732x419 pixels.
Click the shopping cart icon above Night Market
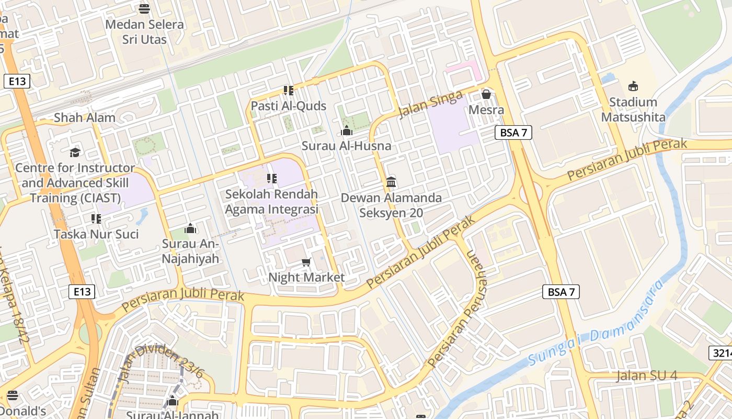click(x=306, y=262)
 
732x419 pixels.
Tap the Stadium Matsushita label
click(x=633, y=109)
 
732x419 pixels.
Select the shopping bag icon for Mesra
click(x=486, y=94)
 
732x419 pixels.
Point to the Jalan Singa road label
click(x=431, y=104)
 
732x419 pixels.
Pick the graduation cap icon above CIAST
click(x=75, y=152)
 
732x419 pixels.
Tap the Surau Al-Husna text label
click(x=346, y=146)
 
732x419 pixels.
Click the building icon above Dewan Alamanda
click(x=391, y=182)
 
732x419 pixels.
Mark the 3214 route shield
click(x=722, y=352)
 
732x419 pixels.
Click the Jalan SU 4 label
click(x=647, y=376)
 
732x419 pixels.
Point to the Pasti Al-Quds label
click(x=289, y=106)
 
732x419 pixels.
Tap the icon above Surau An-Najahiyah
click(x=190, y=229)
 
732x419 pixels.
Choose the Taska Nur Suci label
click(x=96, y=234)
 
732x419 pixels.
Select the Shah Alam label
click(x=85, y=117)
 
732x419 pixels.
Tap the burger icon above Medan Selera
click(x=144, y=8)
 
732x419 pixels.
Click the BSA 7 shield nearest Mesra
click(x=513, y=133)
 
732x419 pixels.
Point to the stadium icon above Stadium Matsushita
click(x=633, y=86)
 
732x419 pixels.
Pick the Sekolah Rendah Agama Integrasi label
click(x=271, y=202)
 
